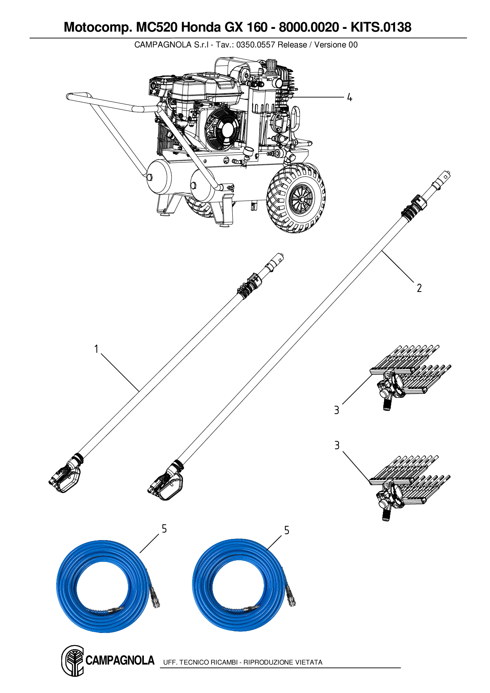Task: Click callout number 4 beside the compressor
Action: pyautogui.click(x=349, y=97)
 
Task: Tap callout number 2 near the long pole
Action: pyautogui.click(x=419, y=288)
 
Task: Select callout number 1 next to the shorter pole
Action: pyautogui.click(x=96, y=349)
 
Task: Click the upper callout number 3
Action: pyautogui.click(x=336, y=410)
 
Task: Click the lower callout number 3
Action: pyautogui.click(x=337, y=445)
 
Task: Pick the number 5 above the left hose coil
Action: pyautogui.click(x=164, y=529)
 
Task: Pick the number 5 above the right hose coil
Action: pyautogui.click(x=286, y=530)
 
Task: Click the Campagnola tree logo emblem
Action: pyautogui.click(x=73, y=660)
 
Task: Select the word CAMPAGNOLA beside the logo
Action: pyautogui.click(x=120, y=660)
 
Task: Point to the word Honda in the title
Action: pyautogui.click(x=202, y=27)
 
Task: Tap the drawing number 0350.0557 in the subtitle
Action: pyautogui.click(x=255, y=45)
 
